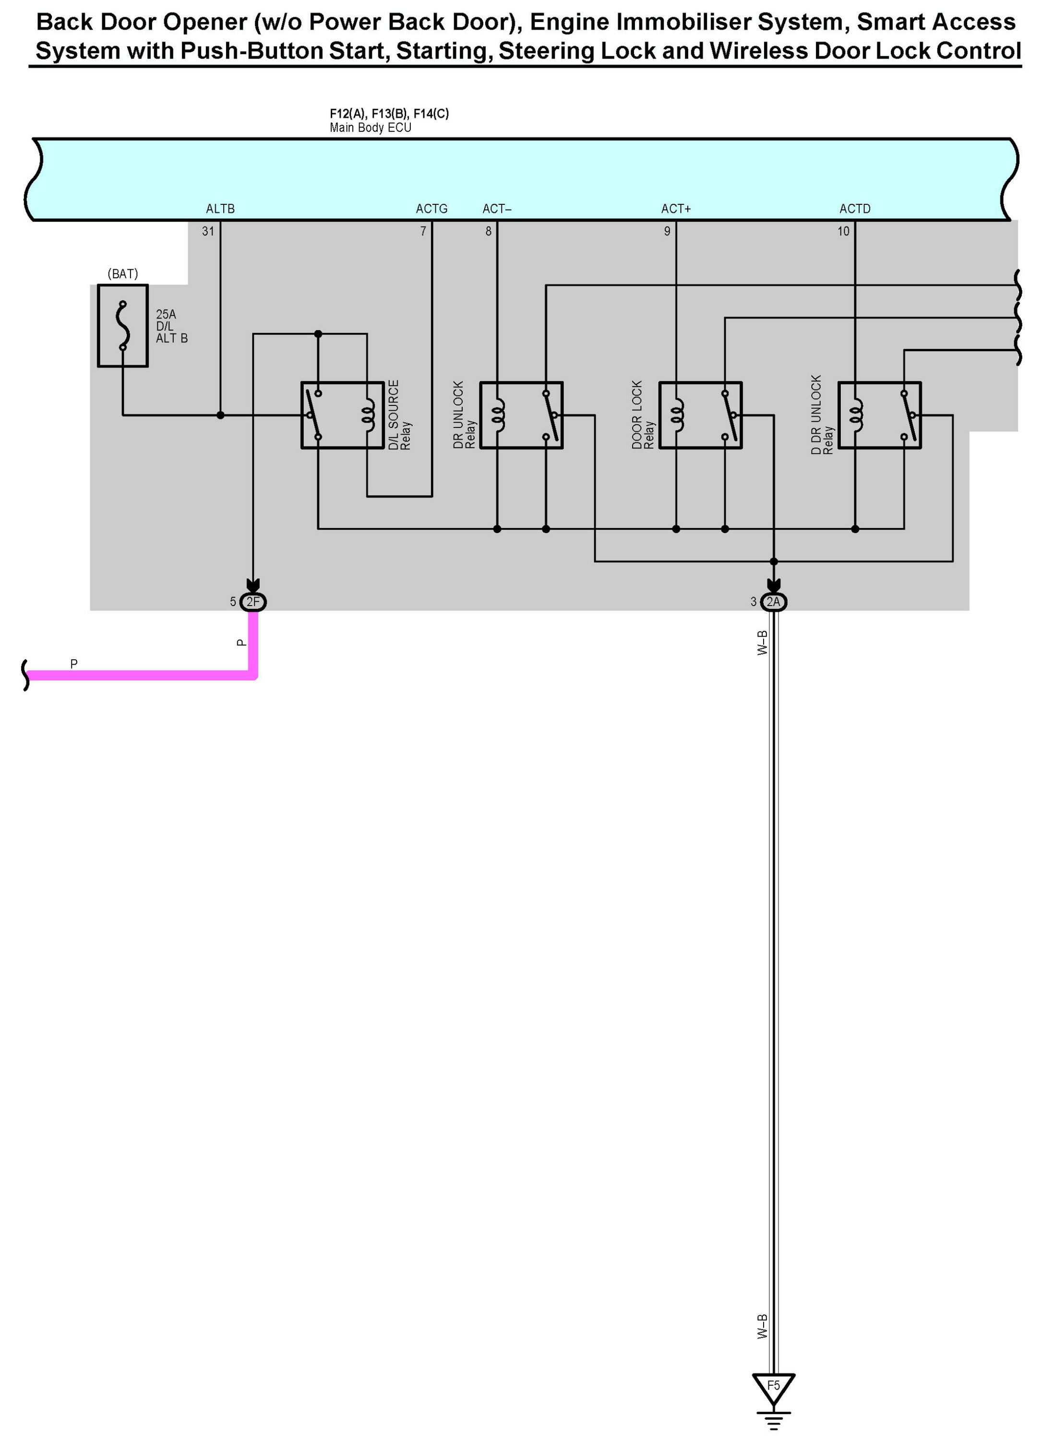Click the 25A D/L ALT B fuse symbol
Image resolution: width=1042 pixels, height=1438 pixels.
(x=122, y=325)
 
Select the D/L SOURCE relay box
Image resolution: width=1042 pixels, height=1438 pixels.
(x=343, y=416)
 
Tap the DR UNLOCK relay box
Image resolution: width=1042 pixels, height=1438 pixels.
(x=521, y=416)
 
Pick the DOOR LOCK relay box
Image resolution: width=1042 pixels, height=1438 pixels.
(x=700, y=416)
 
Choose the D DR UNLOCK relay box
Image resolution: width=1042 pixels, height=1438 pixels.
(x=880, y=416)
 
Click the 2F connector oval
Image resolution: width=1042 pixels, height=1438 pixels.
(x=253, y=602)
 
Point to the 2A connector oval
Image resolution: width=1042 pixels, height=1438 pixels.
(x=774, y=602)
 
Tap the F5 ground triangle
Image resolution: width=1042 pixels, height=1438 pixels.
(x=773, y=1388)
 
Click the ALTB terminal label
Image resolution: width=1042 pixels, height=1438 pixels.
(x=220, y=209)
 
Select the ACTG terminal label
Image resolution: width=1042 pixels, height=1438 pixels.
(x=431, y=209)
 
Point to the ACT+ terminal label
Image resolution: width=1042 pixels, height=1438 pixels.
(x=676, y=209)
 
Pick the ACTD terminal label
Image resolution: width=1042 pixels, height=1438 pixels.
(x=855, y=209)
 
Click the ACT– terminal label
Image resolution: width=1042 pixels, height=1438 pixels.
(x=497, y=209)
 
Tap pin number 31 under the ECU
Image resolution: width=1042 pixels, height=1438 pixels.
(x=208, y=231)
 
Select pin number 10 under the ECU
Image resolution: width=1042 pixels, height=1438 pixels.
(x=843, y=231)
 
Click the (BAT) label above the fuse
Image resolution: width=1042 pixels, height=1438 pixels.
(x=122, y=273)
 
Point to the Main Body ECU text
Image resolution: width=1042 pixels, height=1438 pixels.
(x=371, y=128)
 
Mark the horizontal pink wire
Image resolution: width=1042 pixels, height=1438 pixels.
(x=140, y=675)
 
